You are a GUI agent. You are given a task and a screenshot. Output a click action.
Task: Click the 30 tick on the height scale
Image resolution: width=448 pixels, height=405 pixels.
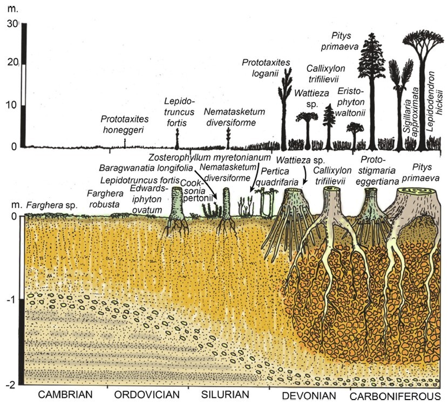(12, 23)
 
